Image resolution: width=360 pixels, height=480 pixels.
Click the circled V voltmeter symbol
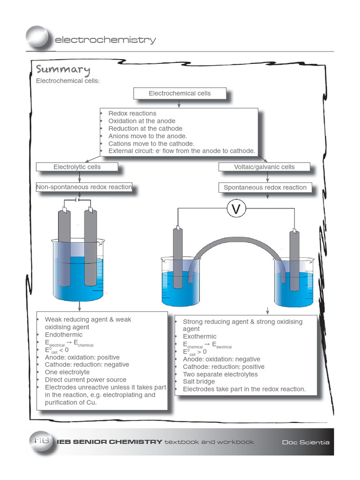pyautogui.click(x=236, y=209)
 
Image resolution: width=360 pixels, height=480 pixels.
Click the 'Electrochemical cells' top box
pyautogui.click(x=180, y=93)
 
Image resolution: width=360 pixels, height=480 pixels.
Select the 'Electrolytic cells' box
pyautogui.click(x=77, y=167)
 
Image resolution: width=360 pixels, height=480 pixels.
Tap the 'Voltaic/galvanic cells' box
pyautogui.click(x=264, y=167)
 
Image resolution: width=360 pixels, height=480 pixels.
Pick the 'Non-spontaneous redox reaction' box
pyautogui.click(x=84, y=187)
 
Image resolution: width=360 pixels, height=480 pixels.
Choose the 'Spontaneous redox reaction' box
pyautogui.click(x=265, y=187)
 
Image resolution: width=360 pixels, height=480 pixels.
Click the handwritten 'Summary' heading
pyautogui.click(x=63, y=70)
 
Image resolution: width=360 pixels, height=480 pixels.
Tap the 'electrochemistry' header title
pyautogui.click(x=105, y=40)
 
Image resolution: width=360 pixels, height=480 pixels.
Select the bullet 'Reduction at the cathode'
pyautogui.click(x=145, y=128)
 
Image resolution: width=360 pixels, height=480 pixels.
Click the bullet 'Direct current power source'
pyautogui.click(x=85, y=380)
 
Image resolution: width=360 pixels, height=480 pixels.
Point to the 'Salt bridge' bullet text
pyautogui.click(x=199, y=382)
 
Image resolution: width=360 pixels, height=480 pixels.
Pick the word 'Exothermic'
pyautogui.click(x=200, y=337)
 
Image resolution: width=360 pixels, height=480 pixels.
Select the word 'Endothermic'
pyautogui.click(x=64, y=335)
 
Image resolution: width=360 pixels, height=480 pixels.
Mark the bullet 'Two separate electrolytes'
pyautogui.click(x=220, y=374)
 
